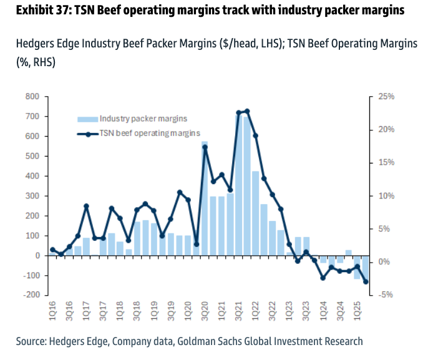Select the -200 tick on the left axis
32,295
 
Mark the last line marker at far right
366,281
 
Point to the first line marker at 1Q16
52,250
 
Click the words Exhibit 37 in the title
39,11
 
